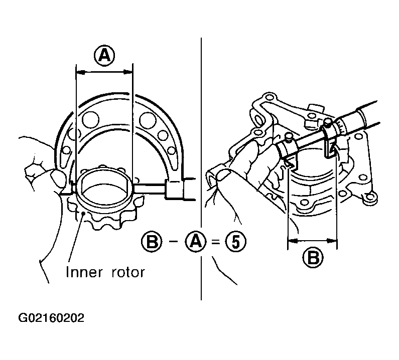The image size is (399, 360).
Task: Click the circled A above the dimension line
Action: click(x=104, y=55)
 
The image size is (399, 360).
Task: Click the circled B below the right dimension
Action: click(x=313, y=258)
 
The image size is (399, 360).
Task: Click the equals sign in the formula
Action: click(x=215, y=242)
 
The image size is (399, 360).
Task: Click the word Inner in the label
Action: click(x=84, y=272)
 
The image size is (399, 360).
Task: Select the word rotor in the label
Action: click(x=128, y=273)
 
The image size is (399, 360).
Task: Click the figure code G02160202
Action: click(x=51, y=318)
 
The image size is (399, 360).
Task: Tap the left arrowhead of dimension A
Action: click(x=81, y=73)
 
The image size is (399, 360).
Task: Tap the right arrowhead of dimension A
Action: click(x=128, y=73)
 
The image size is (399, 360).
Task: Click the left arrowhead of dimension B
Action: click(x=293, y=240)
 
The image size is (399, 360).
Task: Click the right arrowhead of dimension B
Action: click(x=332, y=240)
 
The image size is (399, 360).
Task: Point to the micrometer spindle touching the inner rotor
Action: click(x=149, y=189)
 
